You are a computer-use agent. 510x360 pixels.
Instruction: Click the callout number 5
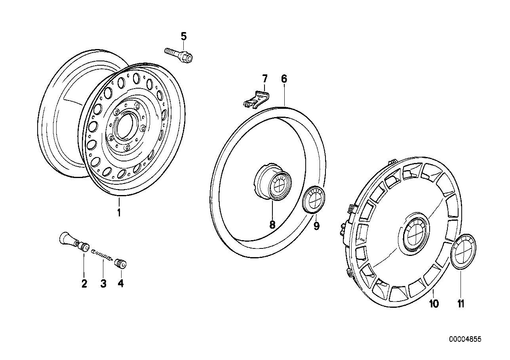(x=183, y=36)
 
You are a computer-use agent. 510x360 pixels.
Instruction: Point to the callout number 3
(x=103, y=284)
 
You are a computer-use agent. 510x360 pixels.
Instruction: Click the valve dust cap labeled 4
(x=120, y=263)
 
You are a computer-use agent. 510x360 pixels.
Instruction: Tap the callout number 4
(x=120, y=284)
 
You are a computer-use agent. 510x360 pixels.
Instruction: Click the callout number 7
(x=265, y=78)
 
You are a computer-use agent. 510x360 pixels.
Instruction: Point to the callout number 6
(x=284, y=79)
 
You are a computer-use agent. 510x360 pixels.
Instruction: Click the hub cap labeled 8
(x=274, y=182)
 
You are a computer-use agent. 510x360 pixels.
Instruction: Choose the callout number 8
(x=272, y=225)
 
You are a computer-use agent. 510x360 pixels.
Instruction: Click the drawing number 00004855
(x=465, y=339)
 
